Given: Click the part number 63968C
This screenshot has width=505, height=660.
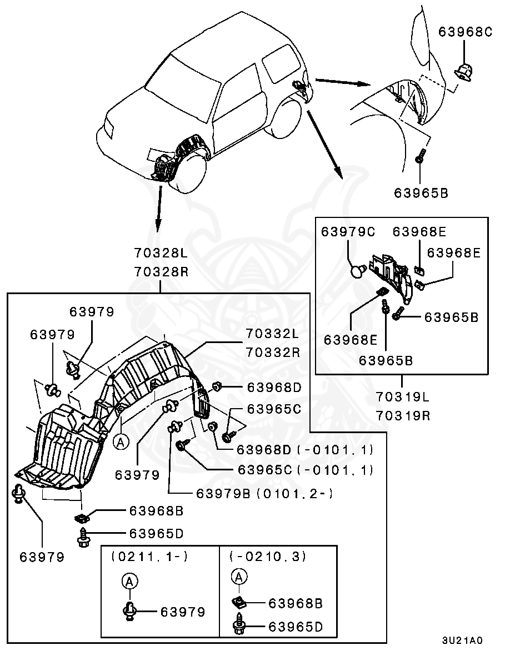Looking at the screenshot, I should click(x=465, y=32).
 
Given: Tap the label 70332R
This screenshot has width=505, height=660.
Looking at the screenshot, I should click(x=272, y=352).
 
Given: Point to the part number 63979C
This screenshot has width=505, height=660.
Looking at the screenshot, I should click(x=348, y=232).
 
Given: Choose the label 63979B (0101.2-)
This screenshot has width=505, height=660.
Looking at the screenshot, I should click(x=264, y=493).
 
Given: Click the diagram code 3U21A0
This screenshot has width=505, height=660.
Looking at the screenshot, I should click(x=462, y=640).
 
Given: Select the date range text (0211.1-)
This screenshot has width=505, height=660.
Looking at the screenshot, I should click(x=142, y=556).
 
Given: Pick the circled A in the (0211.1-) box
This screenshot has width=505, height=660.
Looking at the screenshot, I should click(x=129, y=581).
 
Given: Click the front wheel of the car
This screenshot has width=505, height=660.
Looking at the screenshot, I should click(x=192, y=172).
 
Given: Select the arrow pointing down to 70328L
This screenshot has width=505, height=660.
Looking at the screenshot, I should click(x=158, y=209).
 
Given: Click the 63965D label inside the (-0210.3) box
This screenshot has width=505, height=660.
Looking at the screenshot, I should click(x=296, y=627).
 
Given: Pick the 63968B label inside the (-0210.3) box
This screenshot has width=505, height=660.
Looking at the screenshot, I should click(x=296, y=603).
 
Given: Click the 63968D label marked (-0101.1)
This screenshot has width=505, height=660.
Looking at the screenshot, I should click(x=305, y=449).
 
